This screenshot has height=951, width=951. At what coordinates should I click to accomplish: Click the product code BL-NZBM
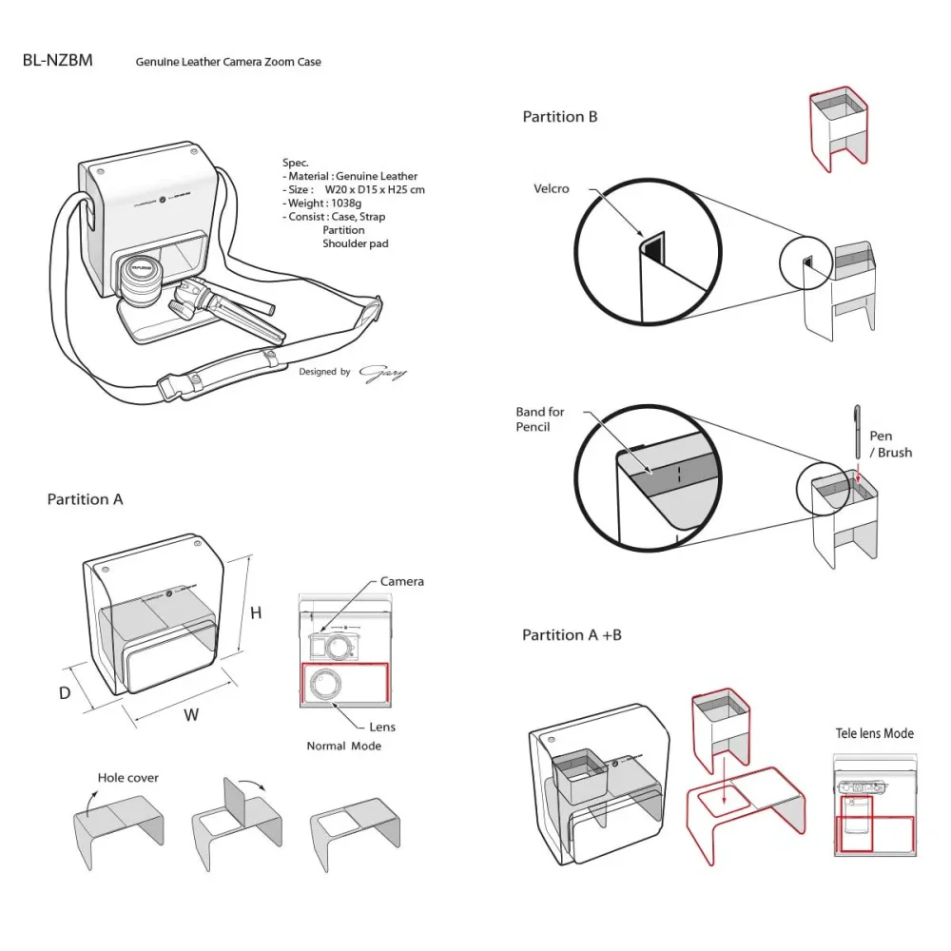click(x=57, y=61)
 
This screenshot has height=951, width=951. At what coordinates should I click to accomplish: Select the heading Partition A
click(x=85, y=499)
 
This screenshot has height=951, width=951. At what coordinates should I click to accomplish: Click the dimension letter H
click(x=256, y=613)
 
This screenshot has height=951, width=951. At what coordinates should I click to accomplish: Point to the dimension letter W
click(x=191, y=715)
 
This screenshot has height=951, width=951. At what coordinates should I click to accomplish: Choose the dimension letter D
click(x=65, y=693)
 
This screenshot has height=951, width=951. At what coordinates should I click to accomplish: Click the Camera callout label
click(x=401, y=581)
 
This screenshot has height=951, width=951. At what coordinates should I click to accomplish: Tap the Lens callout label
click(x=382, y=727)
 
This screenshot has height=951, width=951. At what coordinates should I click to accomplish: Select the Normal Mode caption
click(x=343, y=746)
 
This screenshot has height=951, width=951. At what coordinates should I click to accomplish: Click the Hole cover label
click(x=127, y=778)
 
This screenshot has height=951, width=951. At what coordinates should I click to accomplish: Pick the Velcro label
click(x=552, y=188)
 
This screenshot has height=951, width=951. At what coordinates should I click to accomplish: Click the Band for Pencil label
click(x=540, y=419)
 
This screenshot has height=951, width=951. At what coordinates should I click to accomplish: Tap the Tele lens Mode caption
click(x=874, y=733)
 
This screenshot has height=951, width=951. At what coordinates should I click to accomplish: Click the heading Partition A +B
click(x=572, y=634)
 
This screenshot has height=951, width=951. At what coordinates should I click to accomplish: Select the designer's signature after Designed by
click(x=382, y=372)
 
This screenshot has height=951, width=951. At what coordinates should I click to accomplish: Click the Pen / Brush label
click(x=890, y=444)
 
